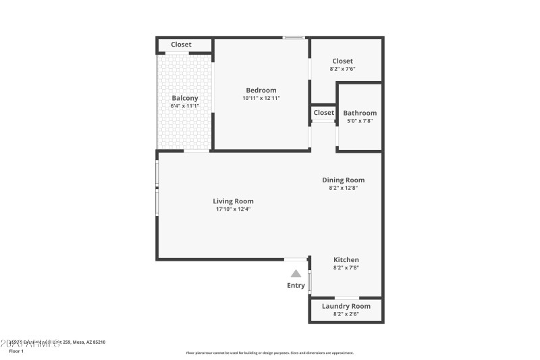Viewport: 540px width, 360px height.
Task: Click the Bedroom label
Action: click(261, 91)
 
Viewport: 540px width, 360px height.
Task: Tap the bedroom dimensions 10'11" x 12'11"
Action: click(261, 99)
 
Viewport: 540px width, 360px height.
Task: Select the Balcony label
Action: click(185, 99)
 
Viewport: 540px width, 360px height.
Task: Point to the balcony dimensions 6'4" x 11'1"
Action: click(185, 106)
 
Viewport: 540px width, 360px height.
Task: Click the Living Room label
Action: click(233, 201)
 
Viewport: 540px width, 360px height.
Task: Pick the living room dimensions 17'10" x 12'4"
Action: click(233, 209)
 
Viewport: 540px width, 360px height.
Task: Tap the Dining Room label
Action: click(343, 180)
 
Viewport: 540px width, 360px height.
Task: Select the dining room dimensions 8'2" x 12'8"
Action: click(343, 188)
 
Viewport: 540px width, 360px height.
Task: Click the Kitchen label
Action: click(346, 260)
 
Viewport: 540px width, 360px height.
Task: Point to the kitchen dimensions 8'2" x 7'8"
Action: click(346, 267)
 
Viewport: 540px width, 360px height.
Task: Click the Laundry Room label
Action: click(346, 307)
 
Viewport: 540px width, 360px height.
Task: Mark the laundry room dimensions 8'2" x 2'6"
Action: click(346, 314)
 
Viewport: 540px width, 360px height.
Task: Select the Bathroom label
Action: click(360, 113)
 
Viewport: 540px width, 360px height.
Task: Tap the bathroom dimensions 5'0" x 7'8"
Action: click(360, 121)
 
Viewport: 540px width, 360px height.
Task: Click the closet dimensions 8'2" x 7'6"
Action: click(342, 69)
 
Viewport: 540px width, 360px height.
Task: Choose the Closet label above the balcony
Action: click(181, 45)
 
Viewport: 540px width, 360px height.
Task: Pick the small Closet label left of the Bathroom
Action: click(323, 113)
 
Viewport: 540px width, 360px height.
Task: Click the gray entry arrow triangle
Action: click(296, 274)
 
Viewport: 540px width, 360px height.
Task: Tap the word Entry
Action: click(296, 286)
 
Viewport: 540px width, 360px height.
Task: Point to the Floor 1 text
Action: click(16, 351)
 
